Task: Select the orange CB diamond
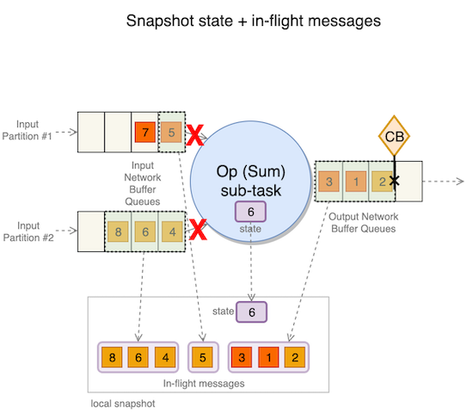click(394, 136)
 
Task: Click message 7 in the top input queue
click(145, 133)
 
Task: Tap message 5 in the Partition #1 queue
click(172, 133)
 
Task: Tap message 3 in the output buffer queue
click(329, 182)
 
